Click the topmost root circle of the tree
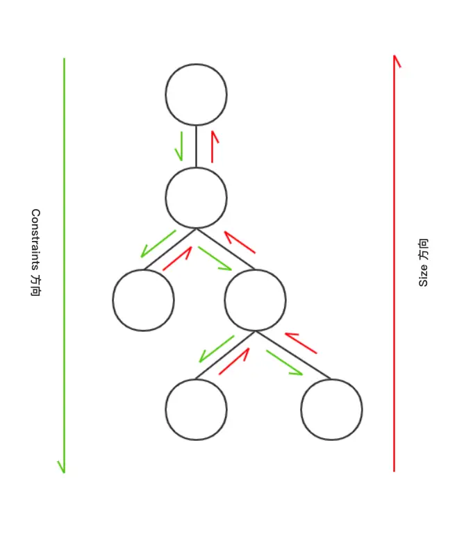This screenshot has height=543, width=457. (196, 94)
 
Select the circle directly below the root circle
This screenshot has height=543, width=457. (196, 198)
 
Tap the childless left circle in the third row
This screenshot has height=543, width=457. (143, 300)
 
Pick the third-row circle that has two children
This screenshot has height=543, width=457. (255, 300)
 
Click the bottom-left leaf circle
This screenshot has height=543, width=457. (196, 410)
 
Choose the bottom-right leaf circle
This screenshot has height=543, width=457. (331, 410)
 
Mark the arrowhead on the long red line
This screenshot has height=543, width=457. (397, 61)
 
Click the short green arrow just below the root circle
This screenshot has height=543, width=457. (181, 146)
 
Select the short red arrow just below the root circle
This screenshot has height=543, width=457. (213, 146)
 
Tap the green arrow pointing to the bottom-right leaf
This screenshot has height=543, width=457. (284, 362)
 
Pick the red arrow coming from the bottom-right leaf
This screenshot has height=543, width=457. (301, 343)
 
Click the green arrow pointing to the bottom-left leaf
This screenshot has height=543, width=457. (216, 349)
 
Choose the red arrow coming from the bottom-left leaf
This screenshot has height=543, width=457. (235, 361)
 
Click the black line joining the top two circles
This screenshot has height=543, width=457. (196, 146)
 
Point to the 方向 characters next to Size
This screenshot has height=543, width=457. (424, 249)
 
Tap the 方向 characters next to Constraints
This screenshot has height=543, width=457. (35, 285)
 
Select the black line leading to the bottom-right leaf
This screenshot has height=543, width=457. (293, 356)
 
